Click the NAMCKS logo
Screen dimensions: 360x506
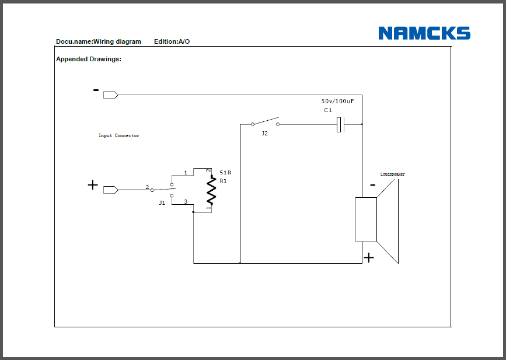pos(424,33)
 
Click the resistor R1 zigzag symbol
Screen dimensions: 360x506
pos(211,191)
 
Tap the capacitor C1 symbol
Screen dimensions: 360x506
pos(340,124)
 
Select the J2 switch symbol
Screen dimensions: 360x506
pos(264,123)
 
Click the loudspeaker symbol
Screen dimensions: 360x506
pos(378,220)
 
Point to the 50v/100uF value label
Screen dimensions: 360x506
pos(337,101)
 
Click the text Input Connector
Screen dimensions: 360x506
pos(118,135)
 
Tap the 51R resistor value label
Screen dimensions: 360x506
pos(225,173)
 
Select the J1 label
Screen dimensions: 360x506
pos(162,202)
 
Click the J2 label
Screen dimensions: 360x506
pos(264,134)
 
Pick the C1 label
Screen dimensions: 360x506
pos(327,110)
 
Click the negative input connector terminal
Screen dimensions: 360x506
pos(110,95)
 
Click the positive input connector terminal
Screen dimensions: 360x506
pos(110,190)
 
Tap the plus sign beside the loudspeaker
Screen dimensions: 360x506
pos(369,257)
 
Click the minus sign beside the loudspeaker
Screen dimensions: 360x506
pos(372,186)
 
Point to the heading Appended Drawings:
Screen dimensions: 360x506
pos(89,59)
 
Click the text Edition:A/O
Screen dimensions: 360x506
pos(172,41)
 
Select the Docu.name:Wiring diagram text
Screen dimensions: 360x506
pos(99,41)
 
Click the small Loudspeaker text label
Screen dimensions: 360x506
pos(392,174)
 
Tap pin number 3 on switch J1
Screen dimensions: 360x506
pos(186,202)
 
